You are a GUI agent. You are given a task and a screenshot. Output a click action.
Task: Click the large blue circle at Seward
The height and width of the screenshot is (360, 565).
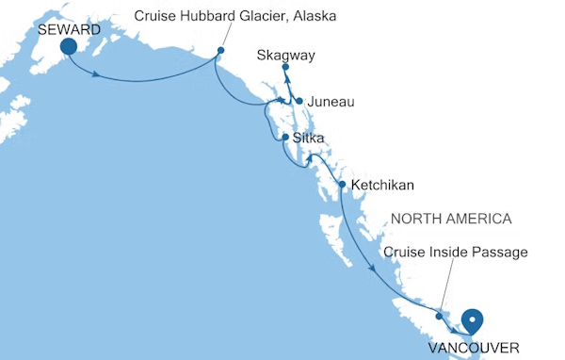tap(69, 48)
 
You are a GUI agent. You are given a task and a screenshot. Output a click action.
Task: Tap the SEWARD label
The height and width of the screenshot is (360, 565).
tap(70, 30)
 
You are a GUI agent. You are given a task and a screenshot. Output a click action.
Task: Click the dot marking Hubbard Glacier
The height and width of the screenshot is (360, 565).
tap(220, 51)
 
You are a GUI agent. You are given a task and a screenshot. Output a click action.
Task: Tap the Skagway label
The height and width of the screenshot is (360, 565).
tap(285, 56)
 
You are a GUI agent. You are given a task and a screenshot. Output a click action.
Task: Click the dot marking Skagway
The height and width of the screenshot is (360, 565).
tap(285, 68)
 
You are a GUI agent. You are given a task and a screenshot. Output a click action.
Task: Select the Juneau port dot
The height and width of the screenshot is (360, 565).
tap(299, 101)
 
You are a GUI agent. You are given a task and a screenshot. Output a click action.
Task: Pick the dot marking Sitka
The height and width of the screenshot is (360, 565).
tap(284, 139)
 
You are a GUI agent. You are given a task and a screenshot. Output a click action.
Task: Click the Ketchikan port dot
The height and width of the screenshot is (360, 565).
tap(341, 184)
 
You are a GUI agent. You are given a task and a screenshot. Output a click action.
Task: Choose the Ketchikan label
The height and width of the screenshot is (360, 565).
tap(381, 185)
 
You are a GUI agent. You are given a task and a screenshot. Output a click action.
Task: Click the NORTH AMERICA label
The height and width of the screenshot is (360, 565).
tap(451, 219)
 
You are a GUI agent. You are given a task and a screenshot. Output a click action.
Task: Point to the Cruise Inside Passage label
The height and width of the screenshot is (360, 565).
tap(455, 252)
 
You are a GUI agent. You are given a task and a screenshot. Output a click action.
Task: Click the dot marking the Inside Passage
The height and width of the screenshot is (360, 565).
tap(439, 316)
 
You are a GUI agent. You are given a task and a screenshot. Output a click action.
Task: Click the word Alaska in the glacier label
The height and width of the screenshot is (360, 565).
tap(315, 17)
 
